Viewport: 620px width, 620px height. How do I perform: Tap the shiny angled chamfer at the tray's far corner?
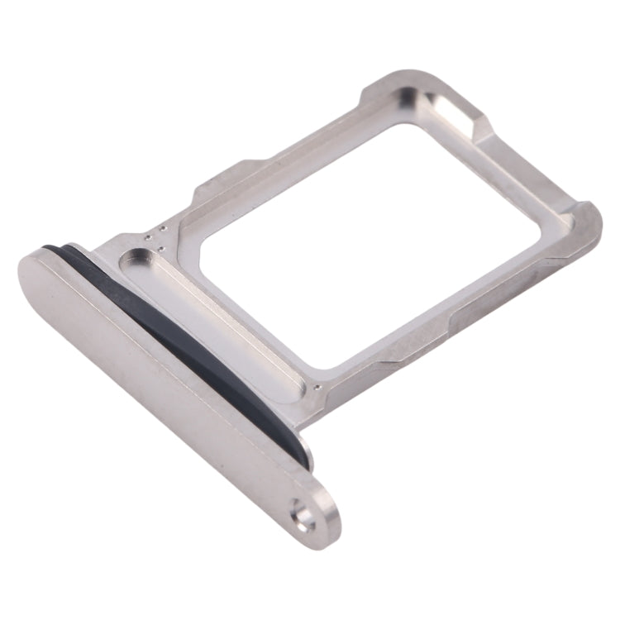460,112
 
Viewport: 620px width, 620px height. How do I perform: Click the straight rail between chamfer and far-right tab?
529,165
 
